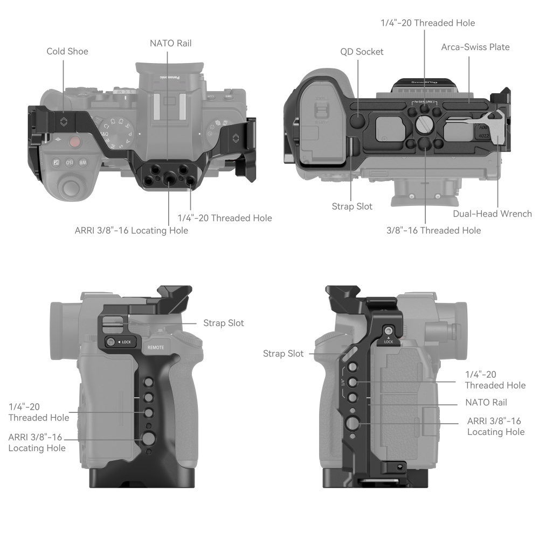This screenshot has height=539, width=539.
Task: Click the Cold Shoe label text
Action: point(67,51)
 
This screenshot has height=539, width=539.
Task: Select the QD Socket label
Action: point(362,52)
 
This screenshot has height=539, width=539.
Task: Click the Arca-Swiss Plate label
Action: point(475,47)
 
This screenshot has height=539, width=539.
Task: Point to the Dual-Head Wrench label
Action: point(492,213)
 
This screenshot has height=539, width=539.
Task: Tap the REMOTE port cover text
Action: point(159,348)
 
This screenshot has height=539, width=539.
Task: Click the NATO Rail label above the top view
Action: point(171,43)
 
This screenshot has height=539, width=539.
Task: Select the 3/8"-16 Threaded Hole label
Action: point(433,230)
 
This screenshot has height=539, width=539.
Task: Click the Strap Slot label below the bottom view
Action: point(351,206)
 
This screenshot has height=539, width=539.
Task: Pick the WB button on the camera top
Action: point(83,162)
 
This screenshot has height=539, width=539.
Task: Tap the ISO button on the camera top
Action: point(70,162)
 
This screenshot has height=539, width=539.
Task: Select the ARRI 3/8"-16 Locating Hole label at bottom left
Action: point(37,443)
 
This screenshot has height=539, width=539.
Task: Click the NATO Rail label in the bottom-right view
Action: point(486,402)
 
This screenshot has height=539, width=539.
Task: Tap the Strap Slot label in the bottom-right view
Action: point(283,354)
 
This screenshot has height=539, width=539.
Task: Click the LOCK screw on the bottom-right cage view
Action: point(388,331)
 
